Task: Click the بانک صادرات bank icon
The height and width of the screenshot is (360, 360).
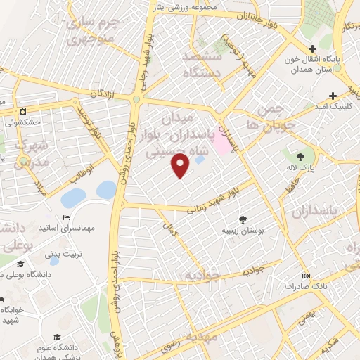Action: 304,276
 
